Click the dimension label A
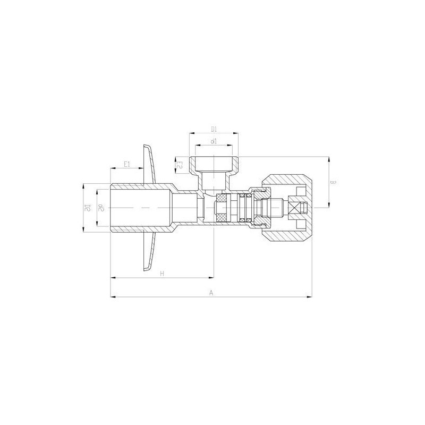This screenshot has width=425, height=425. pyautogui.click(x=211, y=292)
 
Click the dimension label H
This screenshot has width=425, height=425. pyautogui.click(x=161, y=273)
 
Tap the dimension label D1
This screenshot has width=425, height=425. pyautogui.click(x=213, y=129)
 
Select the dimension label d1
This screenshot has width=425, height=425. pyautogui.click(x=213, y=141)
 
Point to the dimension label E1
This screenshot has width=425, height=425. pyautogui.click(x=126, y=164)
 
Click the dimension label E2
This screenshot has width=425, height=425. pyautogui.click(x=180, y=165)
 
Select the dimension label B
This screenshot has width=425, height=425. pyautogui.click(x=334, y=182)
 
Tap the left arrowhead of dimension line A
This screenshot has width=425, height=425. pyautogui.click(x=112, y=297)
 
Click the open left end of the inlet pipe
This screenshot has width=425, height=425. pyautogui.click(x=111, y=207)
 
